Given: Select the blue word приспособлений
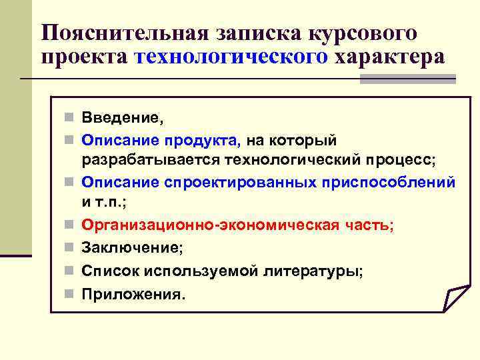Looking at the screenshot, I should click(x=386, y=182).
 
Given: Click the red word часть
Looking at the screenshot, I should click(x=370, y=225).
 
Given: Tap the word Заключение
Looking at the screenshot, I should click(x=131, y=248).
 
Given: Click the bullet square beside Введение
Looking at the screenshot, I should click(x=69, y=119).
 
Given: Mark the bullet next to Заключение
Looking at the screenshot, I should click(x=69, y=248).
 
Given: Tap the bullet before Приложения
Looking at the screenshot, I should click(x=69, y=293).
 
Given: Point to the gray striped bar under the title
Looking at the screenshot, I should click(x=407, y=79).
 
